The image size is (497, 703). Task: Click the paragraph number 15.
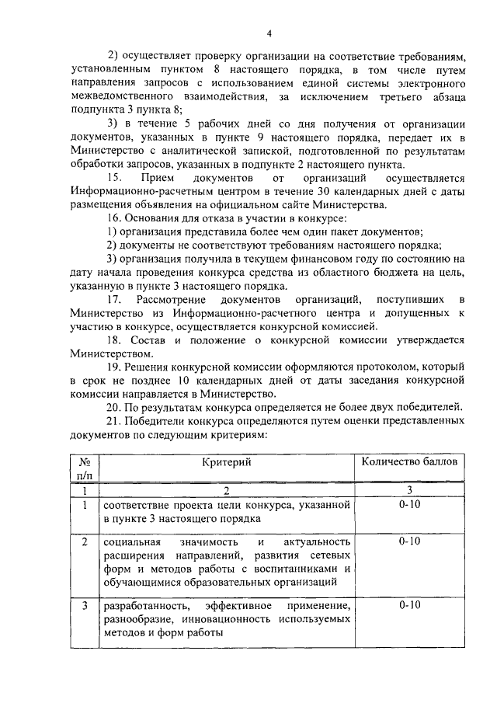tap(114, 178)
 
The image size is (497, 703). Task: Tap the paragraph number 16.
tap(114, 219)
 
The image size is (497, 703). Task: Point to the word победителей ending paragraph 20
tap(429, 408)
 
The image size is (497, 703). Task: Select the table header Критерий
tap(228, 461)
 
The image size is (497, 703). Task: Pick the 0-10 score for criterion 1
tap(409, 505)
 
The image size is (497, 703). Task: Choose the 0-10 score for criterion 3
tap(409, 605)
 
